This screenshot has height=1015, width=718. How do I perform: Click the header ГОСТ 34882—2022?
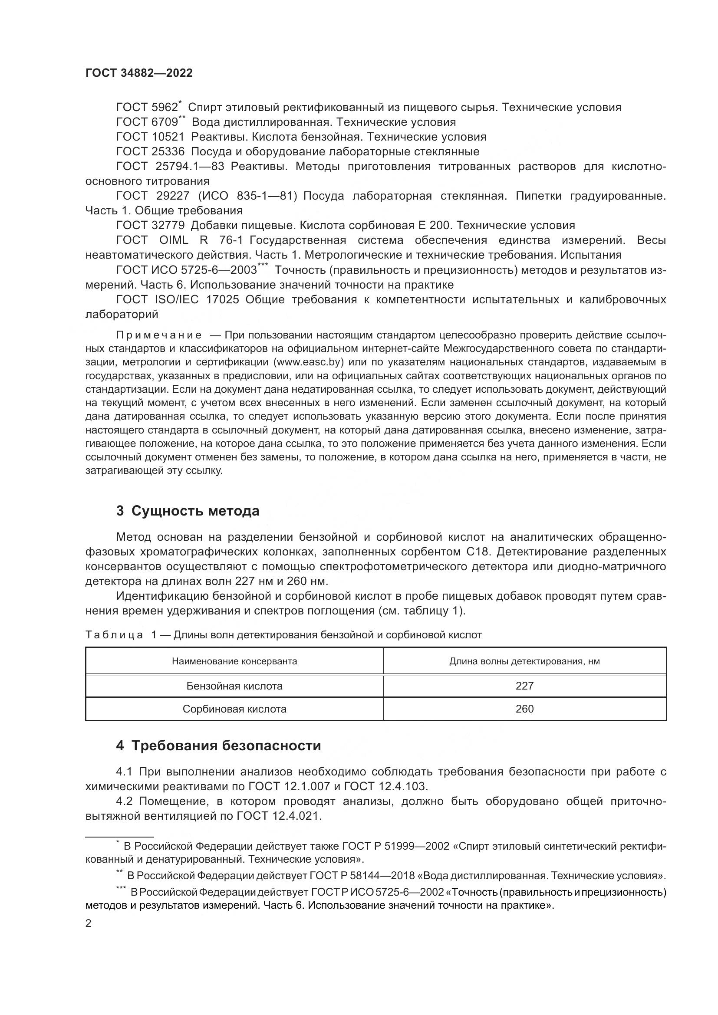139,73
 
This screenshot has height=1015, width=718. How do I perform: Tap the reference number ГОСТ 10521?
150,137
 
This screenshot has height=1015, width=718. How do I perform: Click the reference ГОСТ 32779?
150,226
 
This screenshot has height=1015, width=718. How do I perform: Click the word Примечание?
159,335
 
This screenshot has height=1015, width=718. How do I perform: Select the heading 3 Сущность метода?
188,511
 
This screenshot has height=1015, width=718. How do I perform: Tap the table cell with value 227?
524,686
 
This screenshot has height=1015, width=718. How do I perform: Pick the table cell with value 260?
524,709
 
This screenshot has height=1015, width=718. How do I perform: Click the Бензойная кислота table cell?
234,686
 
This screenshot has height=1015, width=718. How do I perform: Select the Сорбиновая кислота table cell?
234,709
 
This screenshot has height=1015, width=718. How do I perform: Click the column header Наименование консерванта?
234,661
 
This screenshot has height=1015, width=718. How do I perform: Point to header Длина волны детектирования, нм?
524,661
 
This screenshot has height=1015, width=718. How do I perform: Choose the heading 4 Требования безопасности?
218,746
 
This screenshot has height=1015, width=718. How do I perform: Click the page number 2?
89,923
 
